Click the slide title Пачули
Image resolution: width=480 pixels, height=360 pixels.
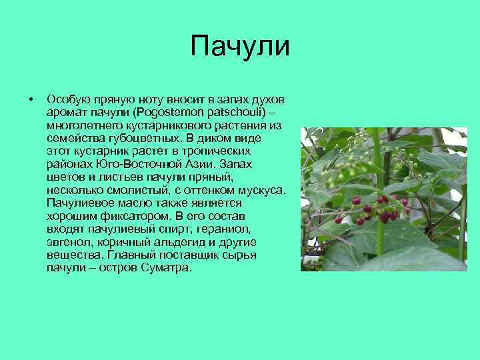[240, 47]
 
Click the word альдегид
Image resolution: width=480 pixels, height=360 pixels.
[182, 243]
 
